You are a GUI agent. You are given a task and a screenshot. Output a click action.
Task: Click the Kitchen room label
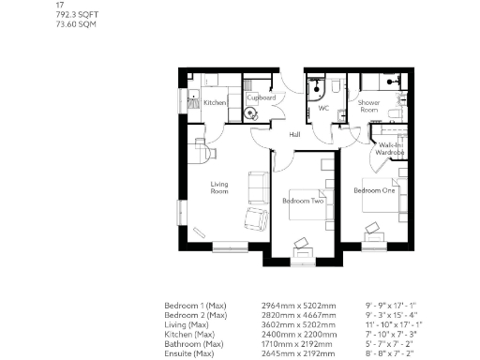(x=215, y=103)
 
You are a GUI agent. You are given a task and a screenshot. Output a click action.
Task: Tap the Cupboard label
(x=261, y=97)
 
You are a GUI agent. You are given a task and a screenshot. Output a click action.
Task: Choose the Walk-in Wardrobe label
(x=389, y=149)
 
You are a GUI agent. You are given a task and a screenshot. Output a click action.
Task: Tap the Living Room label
(x=219, y=188)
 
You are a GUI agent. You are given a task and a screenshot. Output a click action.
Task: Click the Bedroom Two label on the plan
(x=303, y=202)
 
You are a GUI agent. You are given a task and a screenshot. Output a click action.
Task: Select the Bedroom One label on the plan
(x=374, y=190)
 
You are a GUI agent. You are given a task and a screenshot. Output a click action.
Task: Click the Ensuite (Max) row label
(x=191, y=352)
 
